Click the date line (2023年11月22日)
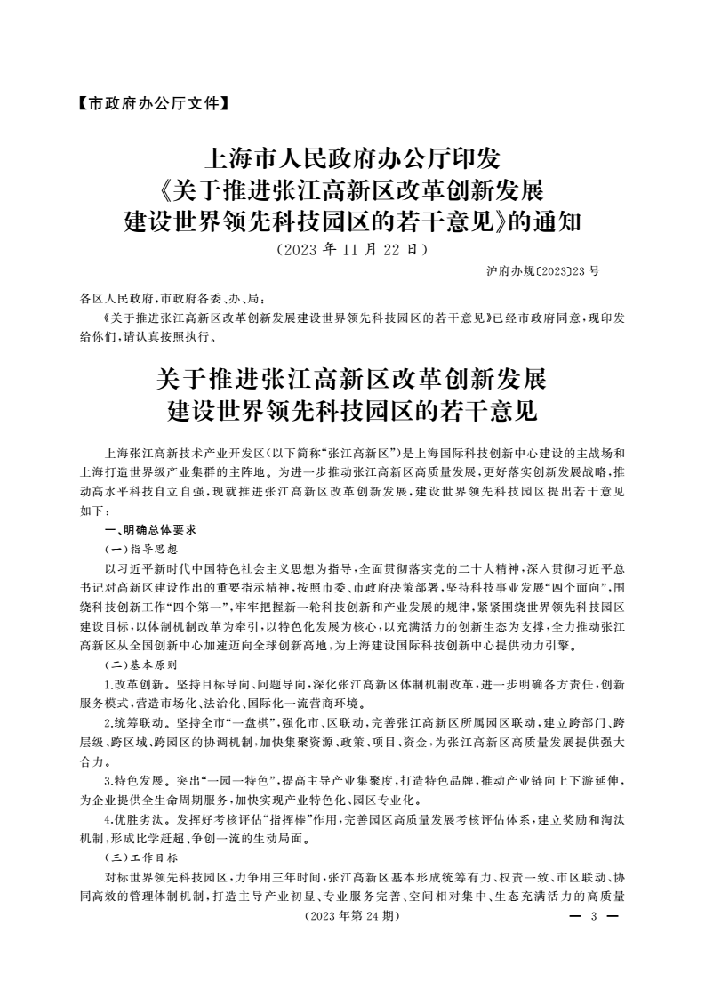(x=352, y=249)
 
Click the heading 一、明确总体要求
(x=144, y=530)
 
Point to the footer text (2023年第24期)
(x=353, y=915)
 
